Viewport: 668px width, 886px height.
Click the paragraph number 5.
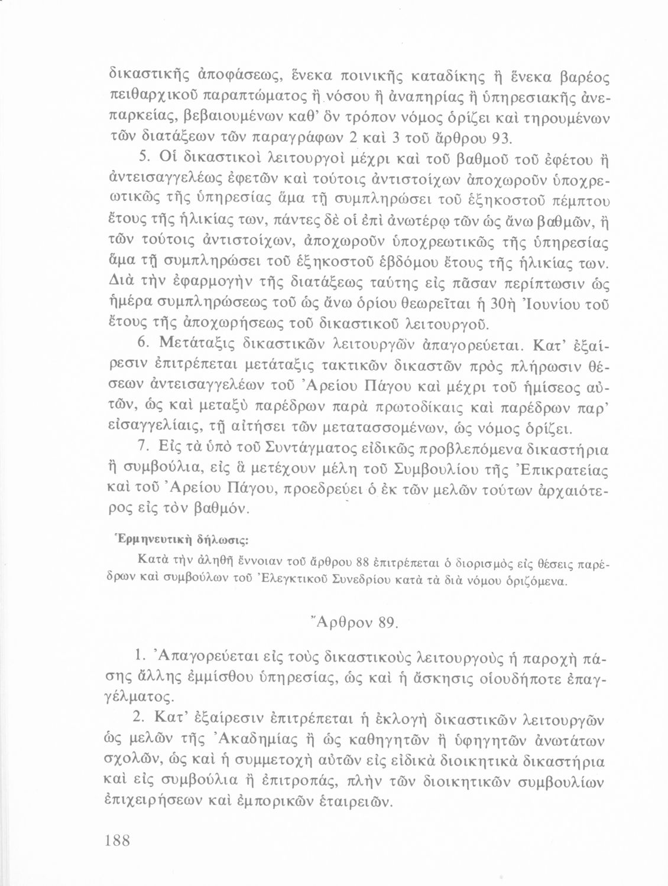point(141,158)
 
